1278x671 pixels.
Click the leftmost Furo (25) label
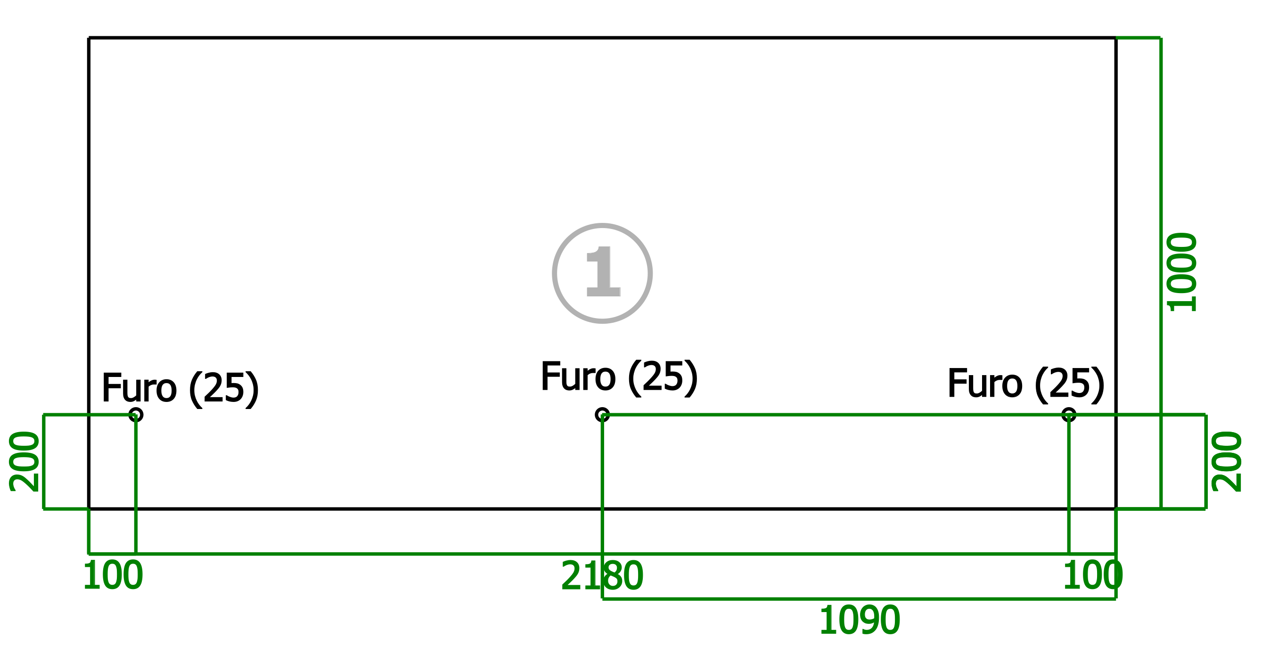180,389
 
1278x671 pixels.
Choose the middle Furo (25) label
619,378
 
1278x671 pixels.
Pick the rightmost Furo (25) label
1026,385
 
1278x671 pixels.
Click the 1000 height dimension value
1182,272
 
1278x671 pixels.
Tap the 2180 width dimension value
602,576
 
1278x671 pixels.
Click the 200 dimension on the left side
25,462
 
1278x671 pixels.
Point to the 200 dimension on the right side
1227,462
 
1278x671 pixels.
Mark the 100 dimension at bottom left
113,576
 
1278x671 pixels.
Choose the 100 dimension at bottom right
1092,576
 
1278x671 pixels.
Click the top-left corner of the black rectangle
89,38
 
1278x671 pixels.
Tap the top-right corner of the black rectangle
1116,38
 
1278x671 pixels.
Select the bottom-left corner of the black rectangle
89,509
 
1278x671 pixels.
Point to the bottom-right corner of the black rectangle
1116,509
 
